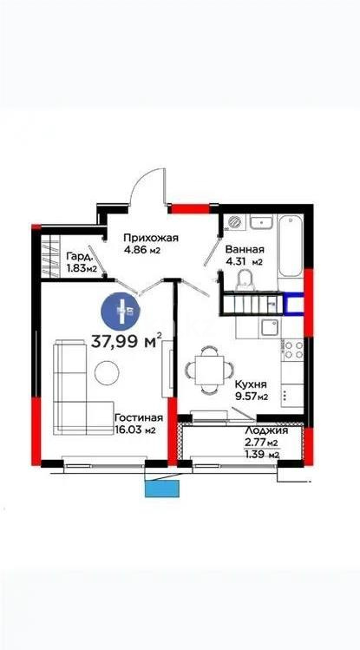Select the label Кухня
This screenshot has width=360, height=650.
click(x=250, y=383)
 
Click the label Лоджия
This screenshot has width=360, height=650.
click(x=262, y=431)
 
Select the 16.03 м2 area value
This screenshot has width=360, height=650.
click(x=136, y=430)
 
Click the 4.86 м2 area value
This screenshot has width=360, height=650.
click(x=142, y=250)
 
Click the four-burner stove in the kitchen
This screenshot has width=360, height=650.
click(x=292, y=350)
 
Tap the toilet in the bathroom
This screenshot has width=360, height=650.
click(x=245, y=278)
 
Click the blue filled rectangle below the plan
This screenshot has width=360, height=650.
click(x=161, y=488)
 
